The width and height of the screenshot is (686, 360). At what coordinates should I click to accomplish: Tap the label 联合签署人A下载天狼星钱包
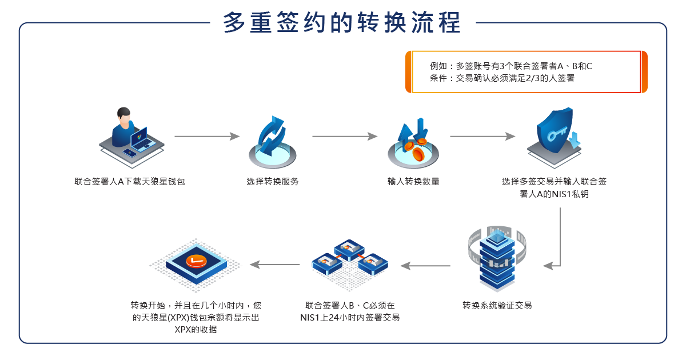(130, 182)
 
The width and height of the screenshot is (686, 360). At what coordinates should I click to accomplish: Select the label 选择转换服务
(273, 182)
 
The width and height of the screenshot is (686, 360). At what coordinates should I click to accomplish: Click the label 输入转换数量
(413, 182)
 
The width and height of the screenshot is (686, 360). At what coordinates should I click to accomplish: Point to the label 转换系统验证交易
(497, 305)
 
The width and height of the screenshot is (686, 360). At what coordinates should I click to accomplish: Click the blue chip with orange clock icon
(197, 263)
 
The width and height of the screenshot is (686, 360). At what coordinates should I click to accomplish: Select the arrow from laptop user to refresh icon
(206, 137)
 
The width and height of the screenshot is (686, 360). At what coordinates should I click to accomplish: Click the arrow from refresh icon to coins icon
(345, 137)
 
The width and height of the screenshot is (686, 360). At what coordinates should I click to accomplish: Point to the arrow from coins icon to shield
(482, 137)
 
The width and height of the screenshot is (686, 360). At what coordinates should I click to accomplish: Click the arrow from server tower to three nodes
(425, 265)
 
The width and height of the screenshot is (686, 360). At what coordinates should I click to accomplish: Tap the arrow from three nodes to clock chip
(275, 265)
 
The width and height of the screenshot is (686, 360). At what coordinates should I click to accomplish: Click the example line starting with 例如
(511, 66)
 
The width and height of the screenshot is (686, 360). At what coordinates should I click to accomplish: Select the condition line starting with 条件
(502, 79)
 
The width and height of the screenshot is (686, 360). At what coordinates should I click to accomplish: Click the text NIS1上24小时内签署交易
(350, 318)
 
